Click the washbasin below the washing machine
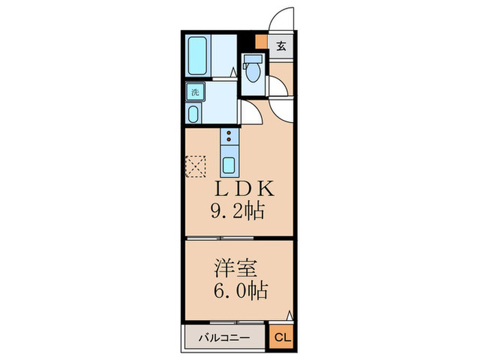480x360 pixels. coord(194,114)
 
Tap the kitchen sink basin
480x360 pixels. coord(228,165)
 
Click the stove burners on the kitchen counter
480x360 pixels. coord(228,137)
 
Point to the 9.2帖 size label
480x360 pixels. coord(237,210)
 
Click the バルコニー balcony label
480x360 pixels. coord(224,337)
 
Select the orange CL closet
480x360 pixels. coord(281,337)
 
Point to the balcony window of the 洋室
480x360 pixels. coord(226,322)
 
